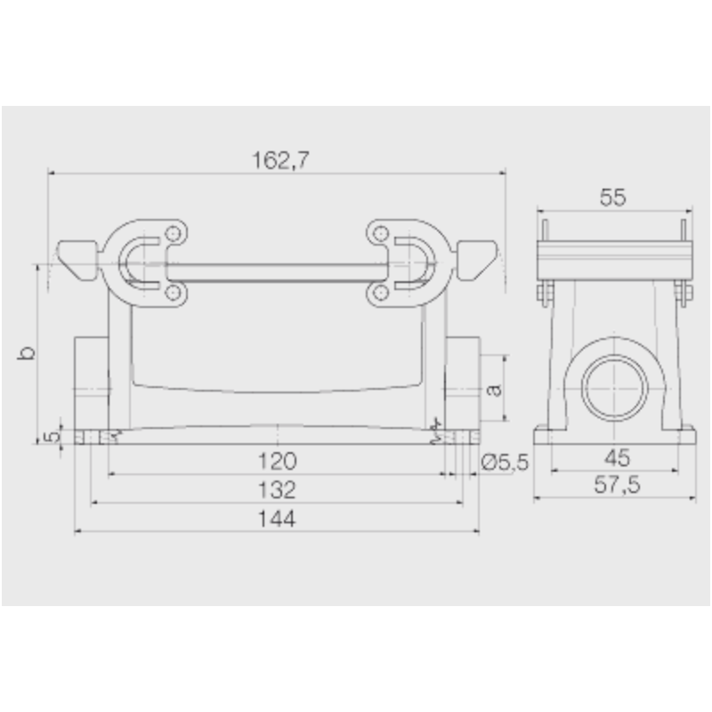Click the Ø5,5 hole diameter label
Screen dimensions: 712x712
(505, 461)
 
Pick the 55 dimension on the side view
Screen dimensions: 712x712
(612, 198)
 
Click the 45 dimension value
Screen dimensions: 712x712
(616, 458)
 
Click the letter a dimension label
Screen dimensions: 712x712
(496, 388)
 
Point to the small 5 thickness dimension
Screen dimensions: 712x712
(52, 436)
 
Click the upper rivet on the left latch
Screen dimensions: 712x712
(173, 234)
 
